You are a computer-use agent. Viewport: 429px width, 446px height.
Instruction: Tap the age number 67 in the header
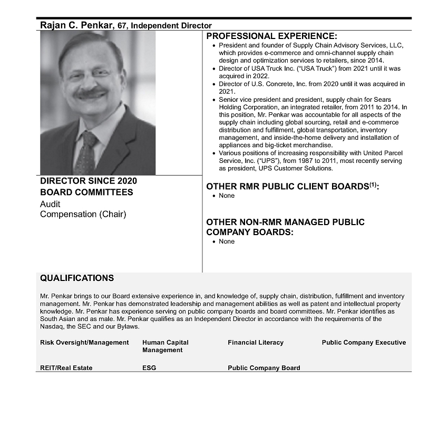(x=122, y=25)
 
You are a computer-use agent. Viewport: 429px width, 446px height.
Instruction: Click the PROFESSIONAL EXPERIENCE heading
(x=271, y=36)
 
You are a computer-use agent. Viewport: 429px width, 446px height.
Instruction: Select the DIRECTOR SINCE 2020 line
(x=89, y=181)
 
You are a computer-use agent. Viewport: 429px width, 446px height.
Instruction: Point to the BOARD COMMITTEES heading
(x=86, y=192)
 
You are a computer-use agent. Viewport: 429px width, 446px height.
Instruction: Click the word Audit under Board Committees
(x=50, y=204)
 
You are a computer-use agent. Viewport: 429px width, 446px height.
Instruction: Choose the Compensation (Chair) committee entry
(x=83, y=214)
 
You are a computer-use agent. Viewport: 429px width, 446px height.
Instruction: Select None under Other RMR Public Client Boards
(x=227, y=196)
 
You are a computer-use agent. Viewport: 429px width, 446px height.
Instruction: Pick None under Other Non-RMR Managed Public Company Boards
(x=227, y=241)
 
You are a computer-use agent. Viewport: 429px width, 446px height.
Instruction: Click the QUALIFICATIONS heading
(x=77, y=278)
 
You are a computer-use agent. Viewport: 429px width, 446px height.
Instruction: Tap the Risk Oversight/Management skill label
(x=84, y=343)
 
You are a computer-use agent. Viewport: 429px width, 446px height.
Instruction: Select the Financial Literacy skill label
(x=256, y=343)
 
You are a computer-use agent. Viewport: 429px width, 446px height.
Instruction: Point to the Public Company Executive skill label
(x=364, y=343)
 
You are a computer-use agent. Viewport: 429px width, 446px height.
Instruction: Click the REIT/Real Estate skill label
(x=66, y=368)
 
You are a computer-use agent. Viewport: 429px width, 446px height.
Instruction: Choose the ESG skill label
(x=149, y=368)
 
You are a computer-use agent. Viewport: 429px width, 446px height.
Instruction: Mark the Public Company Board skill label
(x=264, y=368)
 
